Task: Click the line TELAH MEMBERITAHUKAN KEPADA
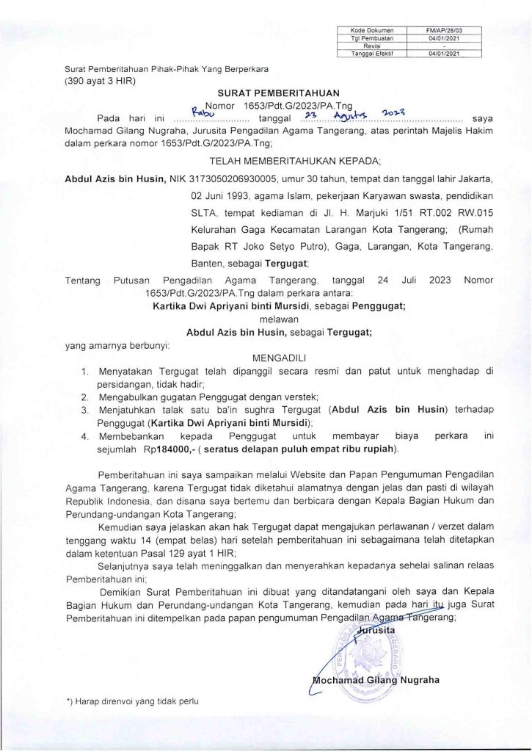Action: (x=278, y=158)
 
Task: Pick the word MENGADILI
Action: (x=278, y=358)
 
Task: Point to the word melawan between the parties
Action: (x=279, y=319)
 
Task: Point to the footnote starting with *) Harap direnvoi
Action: (x=133, y=702)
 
